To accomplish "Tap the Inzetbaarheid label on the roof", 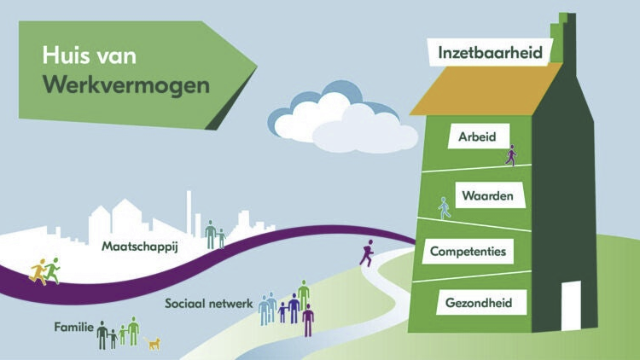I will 490,52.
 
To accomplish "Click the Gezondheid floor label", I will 480,302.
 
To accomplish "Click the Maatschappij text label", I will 138,247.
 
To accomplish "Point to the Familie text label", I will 73,327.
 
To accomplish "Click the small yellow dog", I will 154,344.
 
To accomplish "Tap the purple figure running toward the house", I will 367,253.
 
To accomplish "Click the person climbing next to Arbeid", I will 511,154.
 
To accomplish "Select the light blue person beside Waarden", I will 444,208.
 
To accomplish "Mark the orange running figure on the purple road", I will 38,271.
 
